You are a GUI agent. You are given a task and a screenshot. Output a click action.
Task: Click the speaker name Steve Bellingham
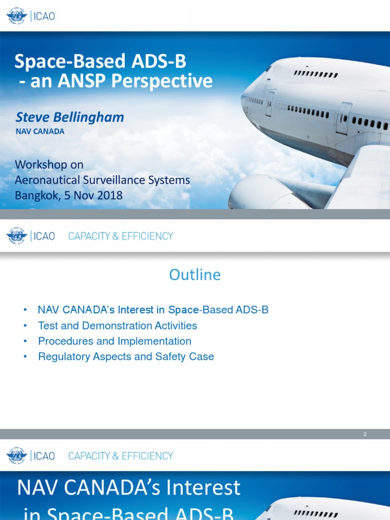tap(70, 117)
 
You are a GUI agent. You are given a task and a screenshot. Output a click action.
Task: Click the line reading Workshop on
tap(49, 165)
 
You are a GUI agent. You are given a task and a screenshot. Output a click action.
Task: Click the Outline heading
tap(195, 275)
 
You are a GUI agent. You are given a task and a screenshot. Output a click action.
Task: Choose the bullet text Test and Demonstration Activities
tap(117, 326)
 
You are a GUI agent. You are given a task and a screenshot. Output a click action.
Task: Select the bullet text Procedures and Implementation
tap(114, 341)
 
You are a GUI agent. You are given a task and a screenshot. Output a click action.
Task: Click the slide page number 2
tap(365, 434)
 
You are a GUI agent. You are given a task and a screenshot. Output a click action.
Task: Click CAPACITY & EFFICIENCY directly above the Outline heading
tap(120, 236)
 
